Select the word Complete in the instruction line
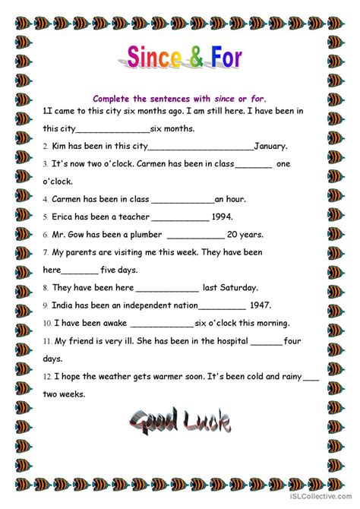click(114, 98)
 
